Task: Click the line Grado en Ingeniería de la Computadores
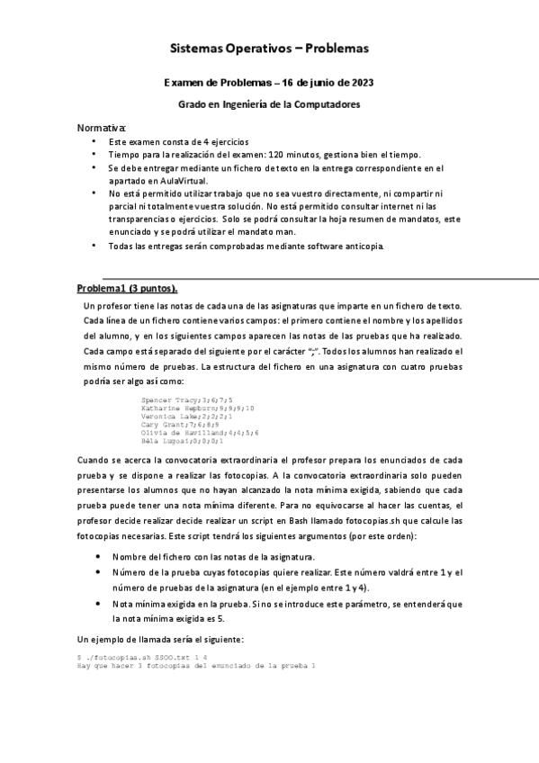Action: (x=269, y=104)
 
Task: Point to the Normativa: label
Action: (x=102, y=128)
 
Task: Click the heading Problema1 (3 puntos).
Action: (x=127, y=288)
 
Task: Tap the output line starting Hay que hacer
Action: (x=197, y=667)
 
